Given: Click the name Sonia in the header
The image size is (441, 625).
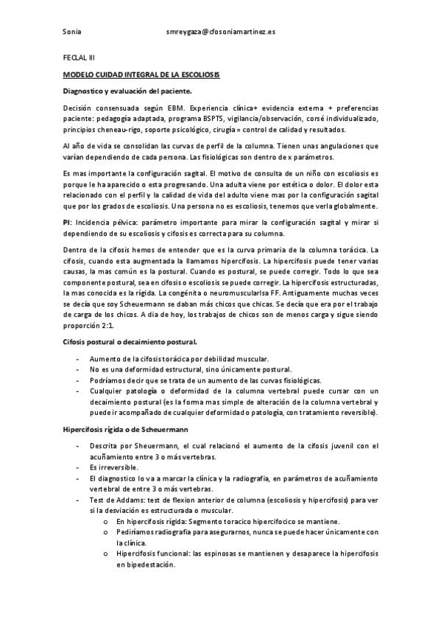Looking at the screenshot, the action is click(x=72, y=33).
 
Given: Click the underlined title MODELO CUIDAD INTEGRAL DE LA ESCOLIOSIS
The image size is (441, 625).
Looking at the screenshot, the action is click(x=141, y=75).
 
